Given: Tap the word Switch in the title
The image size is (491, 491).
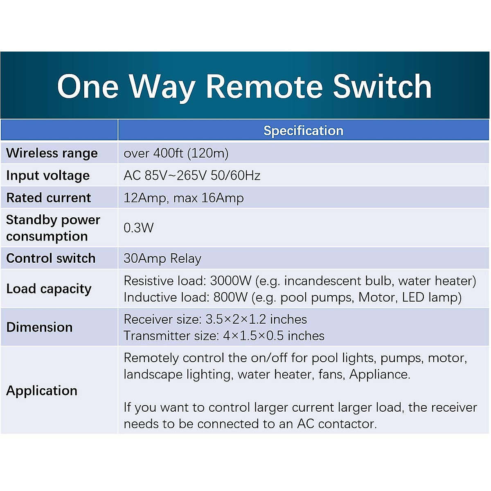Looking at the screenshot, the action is (x=382, y=86).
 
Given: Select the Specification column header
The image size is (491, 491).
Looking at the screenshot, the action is (x=303, y=131).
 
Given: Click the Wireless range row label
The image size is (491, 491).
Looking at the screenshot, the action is (x=52, y=153).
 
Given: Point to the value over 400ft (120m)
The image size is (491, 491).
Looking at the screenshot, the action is (x=176, y=153).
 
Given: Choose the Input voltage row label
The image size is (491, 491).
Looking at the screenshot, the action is (x=48, y=176).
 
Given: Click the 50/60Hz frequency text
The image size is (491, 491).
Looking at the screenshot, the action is (x=235, y=176).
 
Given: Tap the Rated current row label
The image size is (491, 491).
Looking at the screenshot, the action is (x=49, y=198).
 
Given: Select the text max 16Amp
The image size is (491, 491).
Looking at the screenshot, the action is (x=208, y=198).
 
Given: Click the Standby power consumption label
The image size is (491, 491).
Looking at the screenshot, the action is (x=53, y=228).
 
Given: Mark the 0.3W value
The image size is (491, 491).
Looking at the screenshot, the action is (x=139, y=228).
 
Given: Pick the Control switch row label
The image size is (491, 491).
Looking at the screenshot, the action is (x=51, y=258).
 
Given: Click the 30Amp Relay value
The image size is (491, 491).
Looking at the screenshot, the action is (x=162, y=259).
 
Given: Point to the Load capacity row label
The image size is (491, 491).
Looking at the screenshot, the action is (x=49, y=289).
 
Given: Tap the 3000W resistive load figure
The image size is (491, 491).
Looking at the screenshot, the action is (x=230, y=281).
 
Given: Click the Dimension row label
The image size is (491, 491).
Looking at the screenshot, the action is (x=40, y=327).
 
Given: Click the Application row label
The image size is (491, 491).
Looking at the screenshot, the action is (x=42, y=391).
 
